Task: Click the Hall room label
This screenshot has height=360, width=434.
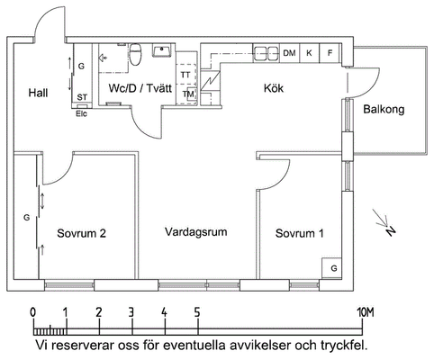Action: tap(38, 93)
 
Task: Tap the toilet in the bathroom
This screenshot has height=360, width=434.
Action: tap(135, 54)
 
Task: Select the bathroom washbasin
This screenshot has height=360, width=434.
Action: tap(163, 50)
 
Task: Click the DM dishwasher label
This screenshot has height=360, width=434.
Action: tap(289, 53)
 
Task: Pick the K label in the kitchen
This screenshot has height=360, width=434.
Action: tap(309, 53)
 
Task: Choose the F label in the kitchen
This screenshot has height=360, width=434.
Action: tap(330, 53)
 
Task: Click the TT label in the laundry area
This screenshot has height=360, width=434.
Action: tap(185, 75)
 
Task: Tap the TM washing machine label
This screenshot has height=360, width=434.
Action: tap(188, 94)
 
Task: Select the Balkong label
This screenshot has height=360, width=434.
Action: tap(384, 109)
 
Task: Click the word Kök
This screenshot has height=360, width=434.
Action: tap(274, 88)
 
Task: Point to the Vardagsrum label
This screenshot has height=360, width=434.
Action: tap(196, 232)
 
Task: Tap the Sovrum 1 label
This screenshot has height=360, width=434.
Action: tap(300, 233)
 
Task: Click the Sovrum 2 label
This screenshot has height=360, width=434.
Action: tap(81, 233)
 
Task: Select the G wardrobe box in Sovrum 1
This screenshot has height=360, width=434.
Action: tap(332, 268)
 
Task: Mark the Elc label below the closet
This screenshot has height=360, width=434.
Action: tap(81, 113)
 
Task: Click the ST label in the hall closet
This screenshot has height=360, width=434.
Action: tap(82, 97)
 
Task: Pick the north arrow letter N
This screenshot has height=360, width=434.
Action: tap(391, 230)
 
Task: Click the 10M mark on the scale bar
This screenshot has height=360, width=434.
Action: tap(366, 313)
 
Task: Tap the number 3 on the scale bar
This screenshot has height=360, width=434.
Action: tap(131, 313)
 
